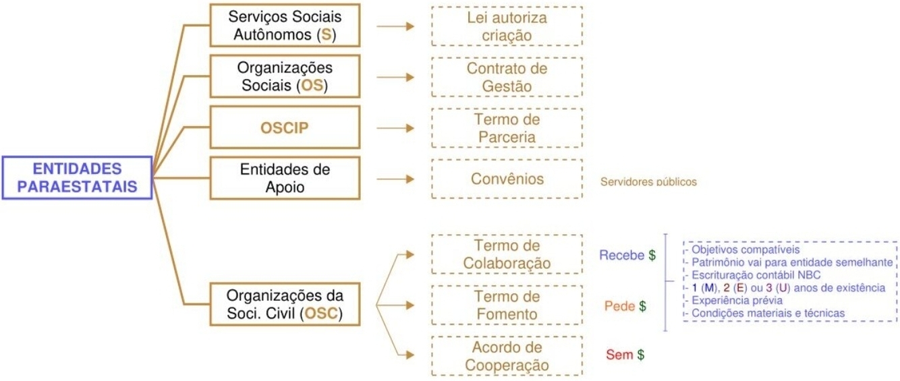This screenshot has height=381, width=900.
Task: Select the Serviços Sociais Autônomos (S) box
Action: (x=285, y=26)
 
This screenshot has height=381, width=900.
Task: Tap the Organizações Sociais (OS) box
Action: (x=285, y=77)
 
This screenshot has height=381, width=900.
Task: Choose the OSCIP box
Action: (x=285, y=128)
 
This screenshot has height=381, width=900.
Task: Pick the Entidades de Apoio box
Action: (x=285, y=179)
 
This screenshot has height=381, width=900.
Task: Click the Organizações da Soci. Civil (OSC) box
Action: (x=285, y=305)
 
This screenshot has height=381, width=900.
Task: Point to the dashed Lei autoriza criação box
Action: (x=507, y=26)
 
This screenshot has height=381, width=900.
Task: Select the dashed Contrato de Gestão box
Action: (x=507, y=77)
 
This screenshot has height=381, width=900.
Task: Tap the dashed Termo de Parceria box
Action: (x=507, y=128)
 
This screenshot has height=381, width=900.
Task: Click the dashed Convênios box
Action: (x=507, y=179)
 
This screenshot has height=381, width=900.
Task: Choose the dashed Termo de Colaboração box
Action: (x=507, y=254)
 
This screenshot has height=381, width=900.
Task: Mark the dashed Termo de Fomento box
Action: (x=507, y=305)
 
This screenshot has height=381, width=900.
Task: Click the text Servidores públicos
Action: (x=648, y=182)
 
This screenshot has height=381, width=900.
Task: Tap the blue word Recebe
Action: (x=621, y=256)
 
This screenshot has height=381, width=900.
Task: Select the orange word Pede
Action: (x=619, y=306)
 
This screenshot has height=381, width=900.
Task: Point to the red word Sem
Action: (x=619, y=354)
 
